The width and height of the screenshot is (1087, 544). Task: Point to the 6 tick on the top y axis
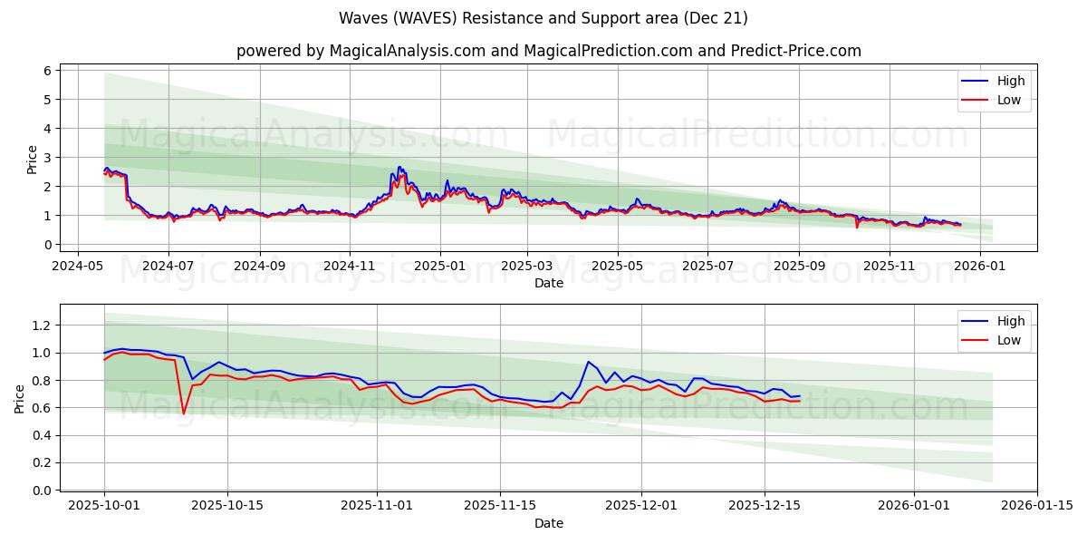click(x=48, y=71)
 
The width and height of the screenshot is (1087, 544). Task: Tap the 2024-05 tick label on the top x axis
click(x=77, y=266)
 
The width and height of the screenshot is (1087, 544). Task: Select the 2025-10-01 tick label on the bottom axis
click(x=104, y=506)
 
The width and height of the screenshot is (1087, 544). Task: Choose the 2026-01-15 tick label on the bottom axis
click(x=1037, y=506)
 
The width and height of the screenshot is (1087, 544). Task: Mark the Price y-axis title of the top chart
click(x=33, y=160)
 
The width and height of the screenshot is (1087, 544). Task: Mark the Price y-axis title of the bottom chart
click(x=20, y=400)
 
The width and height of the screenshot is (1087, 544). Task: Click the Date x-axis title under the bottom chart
click(x=548, y=523)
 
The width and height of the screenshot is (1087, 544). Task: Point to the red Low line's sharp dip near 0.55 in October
click(x=183, y=413)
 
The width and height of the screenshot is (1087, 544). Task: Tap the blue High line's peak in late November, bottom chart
click(x=588, y=362)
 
